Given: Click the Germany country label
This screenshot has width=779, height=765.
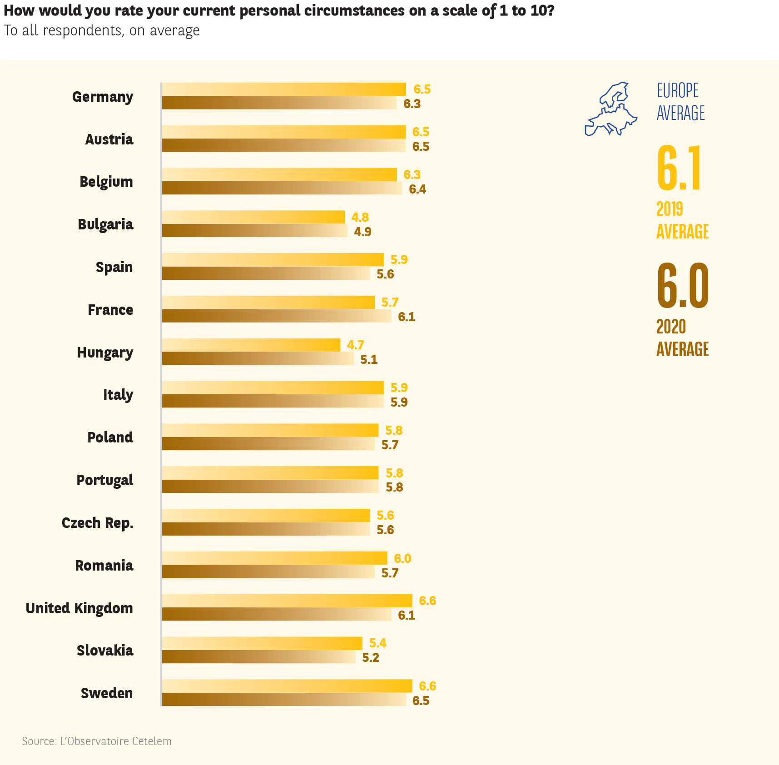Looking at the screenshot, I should (x=103, y=97).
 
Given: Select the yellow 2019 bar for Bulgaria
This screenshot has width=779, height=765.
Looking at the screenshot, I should (x=253, y=217).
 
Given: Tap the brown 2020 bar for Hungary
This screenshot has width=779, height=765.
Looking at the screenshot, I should (x=258, y=359).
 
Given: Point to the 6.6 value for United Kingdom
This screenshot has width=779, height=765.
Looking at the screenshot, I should (x=427, y=601).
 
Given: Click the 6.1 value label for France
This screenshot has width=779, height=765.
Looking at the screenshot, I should (x=407, y=317).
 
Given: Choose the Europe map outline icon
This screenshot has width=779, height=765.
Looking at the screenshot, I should (x=611, y=109).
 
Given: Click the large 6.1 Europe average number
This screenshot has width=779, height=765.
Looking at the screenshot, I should (x=680, y=168).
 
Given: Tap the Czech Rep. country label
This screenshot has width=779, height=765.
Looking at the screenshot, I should (x=98, y=523).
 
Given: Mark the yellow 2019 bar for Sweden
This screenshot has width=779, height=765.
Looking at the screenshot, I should (x=287, y=686).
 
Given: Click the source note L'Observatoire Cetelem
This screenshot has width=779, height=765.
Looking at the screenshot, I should (x=97, y=741).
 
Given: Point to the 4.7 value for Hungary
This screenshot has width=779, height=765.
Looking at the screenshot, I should (x=355, y=345).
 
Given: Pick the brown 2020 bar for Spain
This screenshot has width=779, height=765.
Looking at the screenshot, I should (x=266, y=273).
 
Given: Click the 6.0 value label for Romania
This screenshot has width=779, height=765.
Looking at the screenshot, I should (x=402, y=558).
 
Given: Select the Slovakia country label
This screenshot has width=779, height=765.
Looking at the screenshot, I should (x=105, y=651).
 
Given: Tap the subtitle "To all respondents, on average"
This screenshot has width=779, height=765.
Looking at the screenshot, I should (x=102, y=30).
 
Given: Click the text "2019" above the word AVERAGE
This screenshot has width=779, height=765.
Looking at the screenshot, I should (x=670, y=209).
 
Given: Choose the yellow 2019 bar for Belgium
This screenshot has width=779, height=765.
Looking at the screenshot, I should (x=279, y=174).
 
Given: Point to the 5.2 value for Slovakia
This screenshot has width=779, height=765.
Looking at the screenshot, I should (x=370, y=657).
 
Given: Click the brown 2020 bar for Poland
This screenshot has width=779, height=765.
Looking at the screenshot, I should (x=268, y=444).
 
